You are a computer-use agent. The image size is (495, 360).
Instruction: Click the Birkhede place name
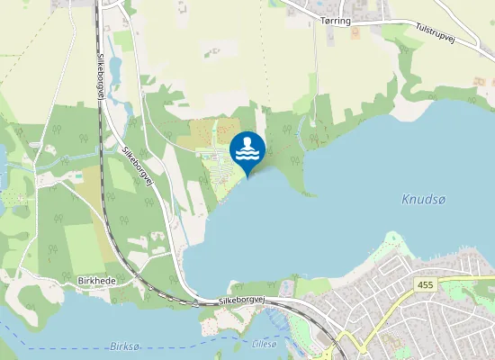[97, 281]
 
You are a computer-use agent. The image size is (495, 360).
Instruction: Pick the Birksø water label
[126, 346]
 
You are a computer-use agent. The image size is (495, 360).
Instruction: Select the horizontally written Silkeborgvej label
[244, 301]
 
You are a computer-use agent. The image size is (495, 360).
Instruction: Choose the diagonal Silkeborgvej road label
[139, 167]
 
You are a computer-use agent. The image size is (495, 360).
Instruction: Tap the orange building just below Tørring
[355, 33]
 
